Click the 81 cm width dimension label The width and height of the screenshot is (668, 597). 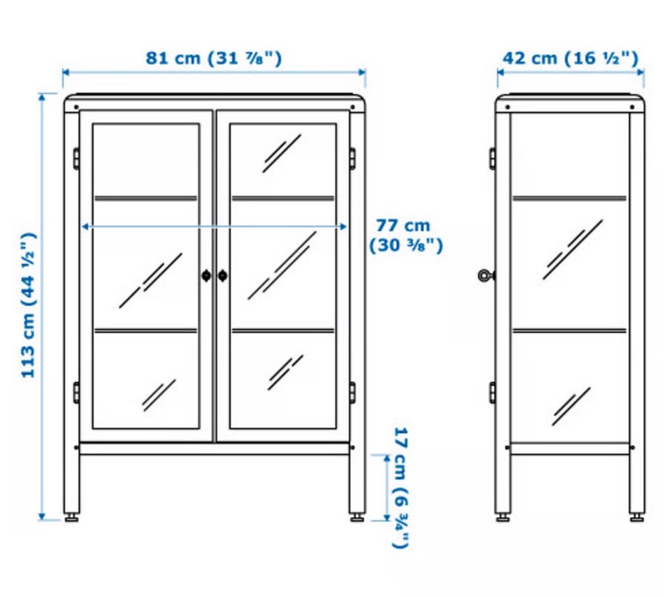point(214,58)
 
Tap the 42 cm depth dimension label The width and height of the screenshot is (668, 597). point(571,58)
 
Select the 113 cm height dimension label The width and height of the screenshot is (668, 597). point(29,305)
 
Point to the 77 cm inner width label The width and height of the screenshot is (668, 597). point(405,236)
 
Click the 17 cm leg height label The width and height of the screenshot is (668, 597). point(401,488)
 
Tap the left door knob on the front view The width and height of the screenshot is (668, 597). point(206,276)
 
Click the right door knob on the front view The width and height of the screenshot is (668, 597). point(223,276)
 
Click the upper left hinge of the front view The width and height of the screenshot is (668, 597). point(77,158)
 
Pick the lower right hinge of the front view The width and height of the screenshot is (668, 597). point(352,393)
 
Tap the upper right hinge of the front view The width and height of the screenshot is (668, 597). point(352,158)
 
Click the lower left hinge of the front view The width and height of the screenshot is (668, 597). point(77,393)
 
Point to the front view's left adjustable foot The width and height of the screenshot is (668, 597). point(71,518)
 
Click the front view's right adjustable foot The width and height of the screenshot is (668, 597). point(357,518)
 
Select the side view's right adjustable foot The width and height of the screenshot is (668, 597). point(637,518)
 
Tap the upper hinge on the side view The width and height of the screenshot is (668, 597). point(493,158)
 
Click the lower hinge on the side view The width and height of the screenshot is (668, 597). point(493,393)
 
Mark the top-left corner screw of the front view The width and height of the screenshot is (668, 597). point(77,107)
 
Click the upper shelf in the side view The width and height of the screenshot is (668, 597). point(570,198)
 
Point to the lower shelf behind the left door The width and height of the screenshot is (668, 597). point(145,331)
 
